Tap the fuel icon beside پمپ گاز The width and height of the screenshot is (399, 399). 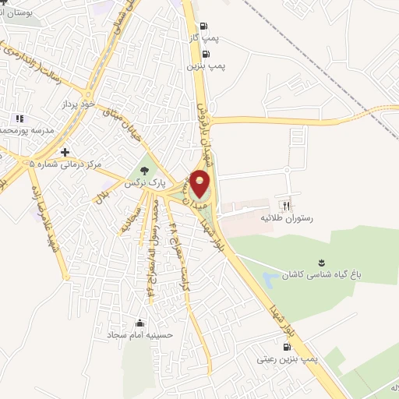click(205, 26)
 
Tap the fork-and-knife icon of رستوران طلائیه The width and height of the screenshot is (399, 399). click(287, 206)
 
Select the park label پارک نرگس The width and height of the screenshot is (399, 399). click(143, 185)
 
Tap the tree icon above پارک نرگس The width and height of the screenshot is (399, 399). click(143, 171)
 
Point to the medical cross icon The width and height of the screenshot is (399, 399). click(65, 151)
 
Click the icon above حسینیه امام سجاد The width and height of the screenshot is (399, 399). click(139, 323)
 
